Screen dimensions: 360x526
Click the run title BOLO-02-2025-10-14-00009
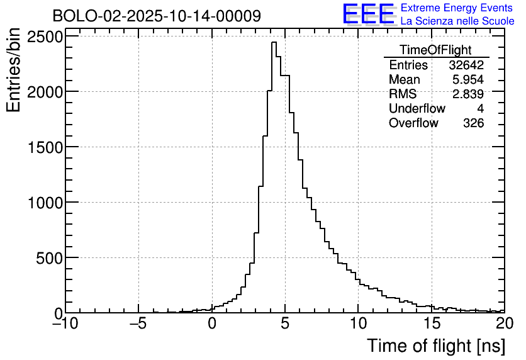point(157,16)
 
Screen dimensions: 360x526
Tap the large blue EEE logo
point(368,14)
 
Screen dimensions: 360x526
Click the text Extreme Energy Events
point(457,8)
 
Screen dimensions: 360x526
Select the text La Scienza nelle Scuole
point(457,21)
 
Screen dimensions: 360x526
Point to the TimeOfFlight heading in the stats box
point(435,50)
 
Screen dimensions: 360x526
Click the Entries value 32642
point(466,65)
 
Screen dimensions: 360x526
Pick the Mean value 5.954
point(468,80)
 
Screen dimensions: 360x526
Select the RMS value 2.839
point(468,94)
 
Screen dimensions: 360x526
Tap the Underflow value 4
point(480,109)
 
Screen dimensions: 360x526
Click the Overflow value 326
point(473,123)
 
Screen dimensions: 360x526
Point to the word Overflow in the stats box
point(413,123)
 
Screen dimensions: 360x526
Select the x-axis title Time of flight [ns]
point(435,346)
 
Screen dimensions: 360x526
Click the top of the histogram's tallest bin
point(274,42)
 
